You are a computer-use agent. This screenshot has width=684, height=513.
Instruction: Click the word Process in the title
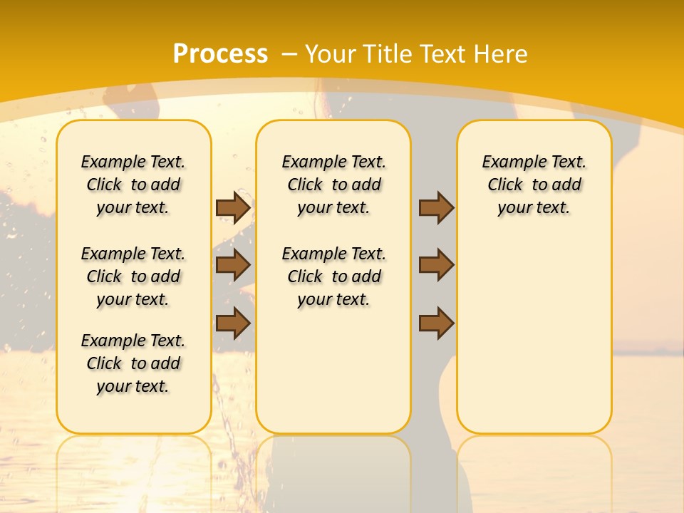tap(220, 53)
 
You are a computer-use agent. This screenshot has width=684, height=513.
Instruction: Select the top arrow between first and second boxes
tap(233, 207)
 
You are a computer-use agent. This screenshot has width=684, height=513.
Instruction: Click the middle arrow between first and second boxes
tap(233, 265)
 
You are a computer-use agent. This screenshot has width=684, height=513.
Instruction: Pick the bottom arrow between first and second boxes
tap(233, 323)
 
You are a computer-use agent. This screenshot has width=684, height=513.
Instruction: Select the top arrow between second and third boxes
tap(436, 207)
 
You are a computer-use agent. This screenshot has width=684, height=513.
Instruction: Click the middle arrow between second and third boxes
tap(436, 265)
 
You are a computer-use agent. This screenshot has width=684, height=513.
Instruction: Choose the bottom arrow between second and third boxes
tap(436, 323)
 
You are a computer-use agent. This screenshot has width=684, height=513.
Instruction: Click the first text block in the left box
tap(133, 185)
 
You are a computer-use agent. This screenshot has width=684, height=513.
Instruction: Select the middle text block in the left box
tap(133, 276)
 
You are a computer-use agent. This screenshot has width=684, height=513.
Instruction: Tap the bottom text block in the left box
tap(133, 363)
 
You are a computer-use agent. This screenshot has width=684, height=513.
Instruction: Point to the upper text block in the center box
tap(333, 185)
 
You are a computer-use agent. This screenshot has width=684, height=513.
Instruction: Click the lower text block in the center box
tap(333, 276)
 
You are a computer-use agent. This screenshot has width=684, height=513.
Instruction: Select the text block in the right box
tap(534, 185)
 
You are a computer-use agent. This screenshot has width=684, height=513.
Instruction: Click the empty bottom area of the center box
tap(333, 378)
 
